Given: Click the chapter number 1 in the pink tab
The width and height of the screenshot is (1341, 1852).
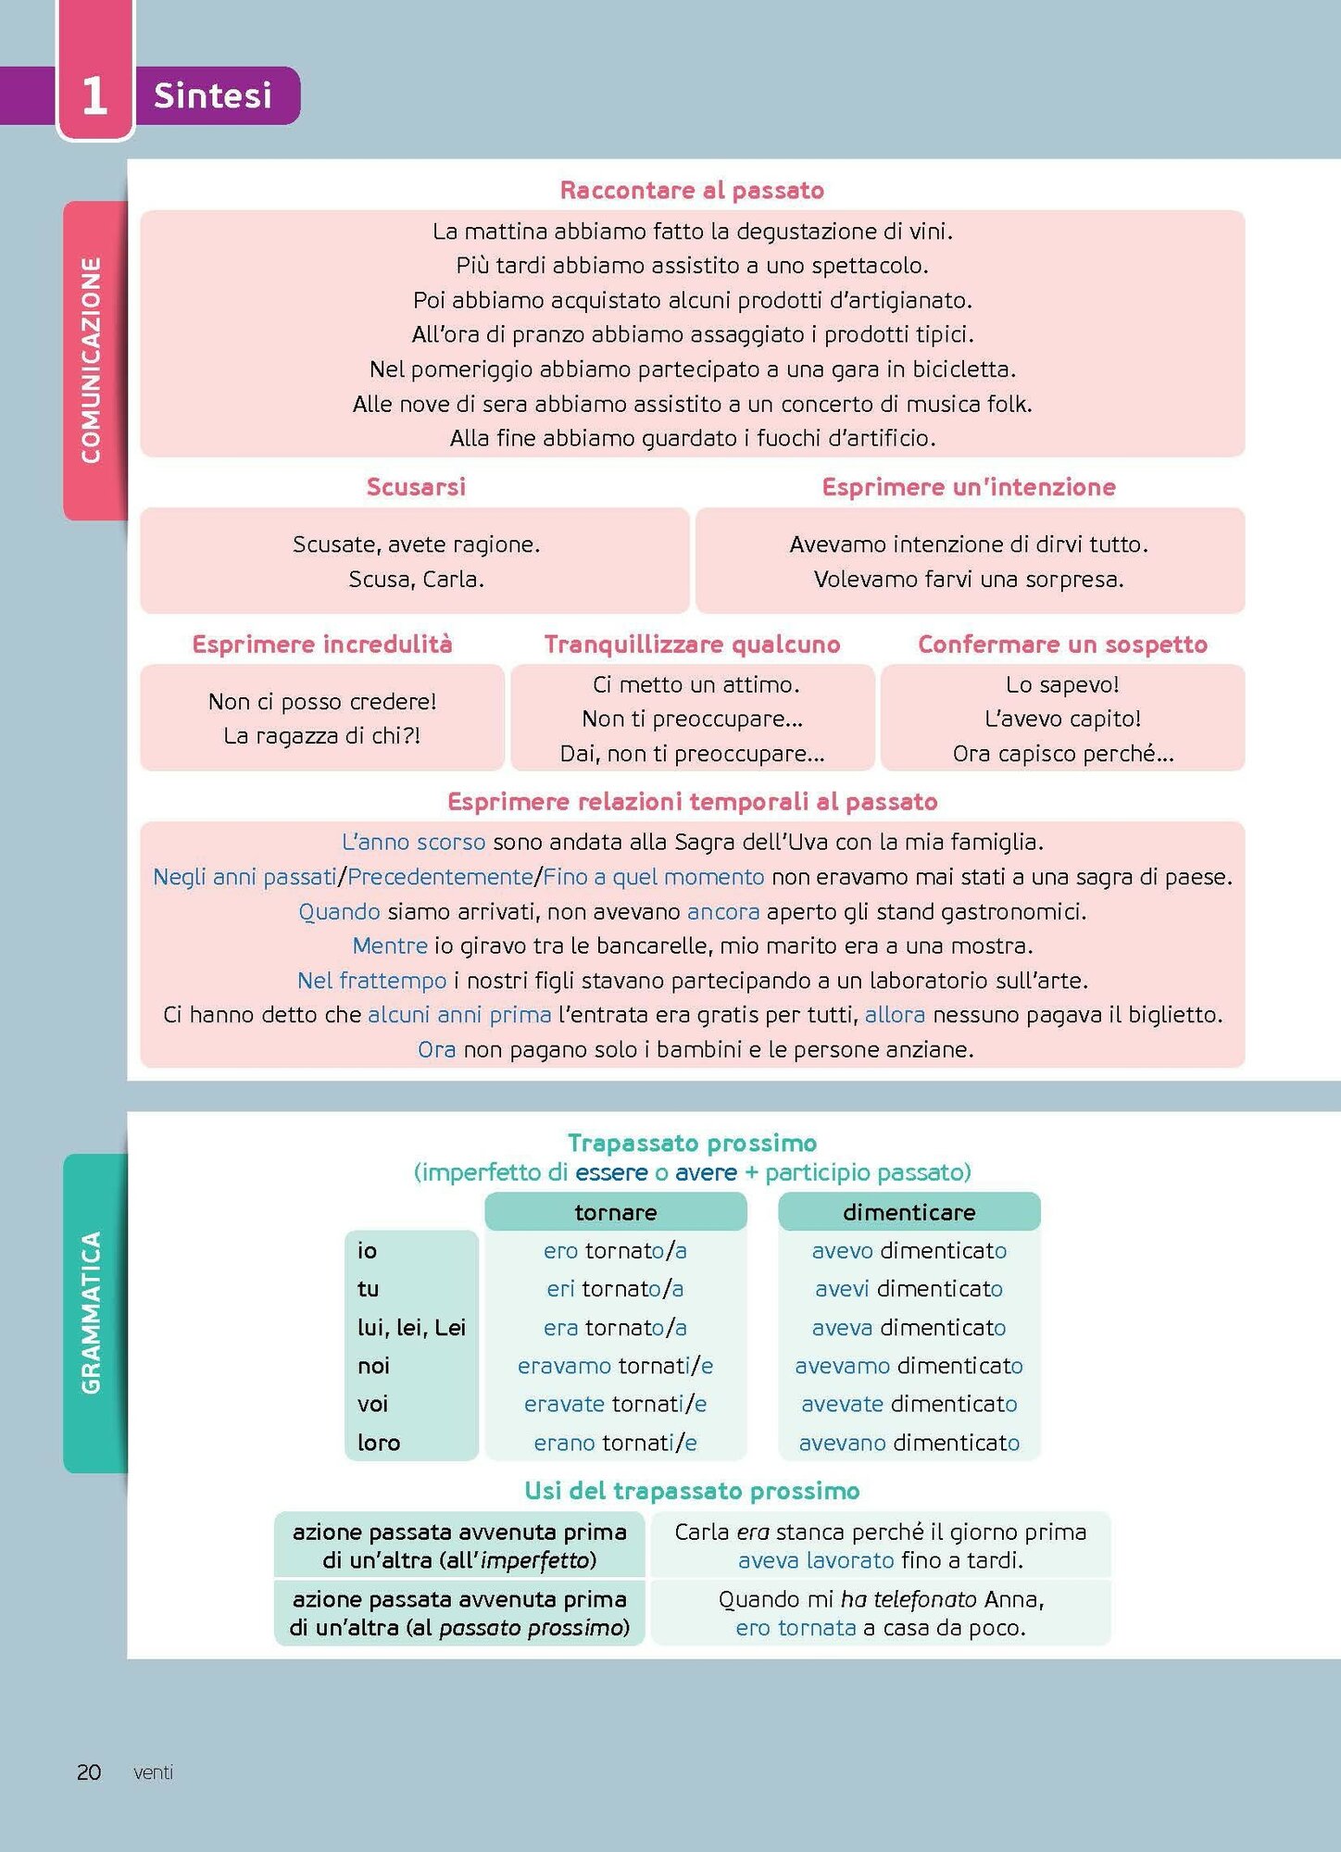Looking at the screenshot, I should point(94,95).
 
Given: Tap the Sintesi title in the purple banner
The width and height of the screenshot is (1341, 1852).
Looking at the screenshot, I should point(213,95).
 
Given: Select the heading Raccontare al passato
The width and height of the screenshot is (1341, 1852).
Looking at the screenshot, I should point(692,190).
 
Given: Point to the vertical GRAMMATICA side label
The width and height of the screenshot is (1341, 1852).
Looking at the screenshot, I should point(91,1312).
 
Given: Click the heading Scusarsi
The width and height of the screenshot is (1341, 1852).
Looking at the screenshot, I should point(416,487).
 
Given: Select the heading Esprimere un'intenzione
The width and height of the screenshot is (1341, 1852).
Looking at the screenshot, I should point(969,487).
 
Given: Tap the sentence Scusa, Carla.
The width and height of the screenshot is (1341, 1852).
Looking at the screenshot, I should point(416,580).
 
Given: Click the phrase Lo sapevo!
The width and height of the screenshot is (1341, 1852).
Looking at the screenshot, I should point(1062,684).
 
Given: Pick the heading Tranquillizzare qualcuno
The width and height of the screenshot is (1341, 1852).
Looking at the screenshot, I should point(692,644).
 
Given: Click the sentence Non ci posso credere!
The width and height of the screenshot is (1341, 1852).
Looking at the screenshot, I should point(322,702).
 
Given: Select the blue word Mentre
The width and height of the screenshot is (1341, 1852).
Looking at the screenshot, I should point(390,945).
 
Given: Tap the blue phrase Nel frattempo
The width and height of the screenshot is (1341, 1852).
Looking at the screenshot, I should point(371,981).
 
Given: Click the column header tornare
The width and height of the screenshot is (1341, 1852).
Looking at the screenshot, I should point(616,1212).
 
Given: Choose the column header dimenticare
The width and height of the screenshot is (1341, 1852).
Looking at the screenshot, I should point(909,1212).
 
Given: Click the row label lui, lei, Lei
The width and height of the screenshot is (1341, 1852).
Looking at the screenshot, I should point(411,1328).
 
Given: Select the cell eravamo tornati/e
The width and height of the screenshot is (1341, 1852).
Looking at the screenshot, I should point(616,1366).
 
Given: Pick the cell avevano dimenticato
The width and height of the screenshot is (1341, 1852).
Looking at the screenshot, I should point(909,1443).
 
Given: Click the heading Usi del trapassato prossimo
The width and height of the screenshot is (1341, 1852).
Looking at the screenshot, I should point(692,1491).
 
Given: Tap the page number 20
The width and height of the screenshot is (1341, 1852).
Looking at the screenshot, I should point(89,1772).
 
